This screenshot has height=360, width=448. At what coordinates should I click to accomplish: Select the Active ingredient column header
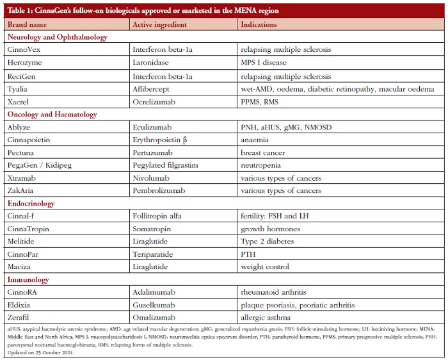159,24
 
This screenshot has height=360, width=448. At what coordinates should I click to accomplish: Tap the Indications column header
259,24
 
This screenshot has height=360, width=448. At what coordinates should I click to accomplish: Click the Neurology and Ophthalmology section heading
58,37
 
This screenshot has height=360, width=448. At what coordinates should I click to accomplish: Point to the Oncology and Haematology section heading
52,115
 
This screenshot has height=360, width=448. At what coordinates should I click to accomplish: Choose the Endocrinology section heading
31,204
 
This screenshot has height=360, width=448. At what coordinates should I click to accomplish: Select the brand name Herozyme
25,62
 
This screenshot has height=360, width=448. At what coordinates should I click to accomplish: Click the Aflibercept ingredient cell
152,88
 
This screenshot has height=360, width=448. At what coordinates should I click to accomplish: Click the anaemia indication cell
256,140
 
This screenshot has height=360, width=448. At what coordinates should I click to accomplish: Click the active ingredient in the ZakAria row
159,190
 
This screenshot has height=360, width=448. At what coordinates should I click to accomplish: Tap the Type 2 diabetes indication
267,241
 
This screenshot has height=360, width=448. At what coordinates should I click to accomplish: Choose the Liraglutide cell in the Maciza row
152,266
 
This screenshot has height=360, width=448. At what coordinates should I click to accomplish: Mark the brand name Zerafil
20,317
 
